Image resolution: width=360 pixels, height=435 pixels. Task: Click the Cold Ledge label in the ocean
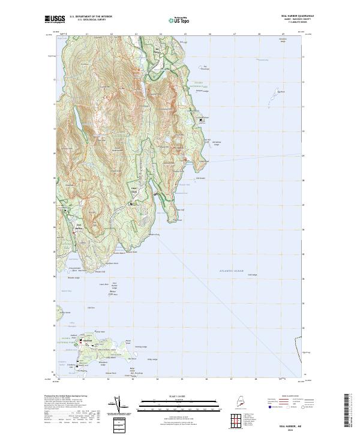251,275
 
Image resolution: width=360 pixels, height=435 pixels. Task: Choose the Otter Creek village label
135,191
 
